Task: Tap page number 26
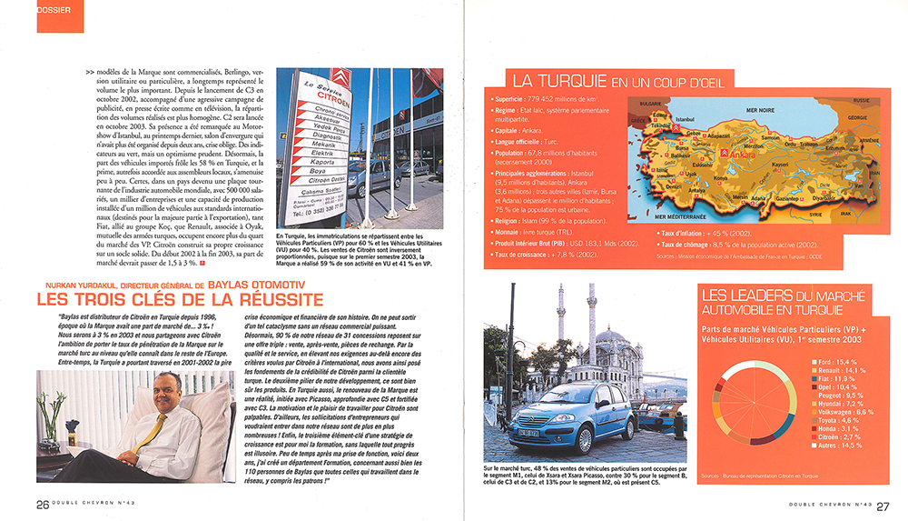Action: coord(42,506)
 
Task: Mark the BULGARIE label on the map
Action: coord(650,103)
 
